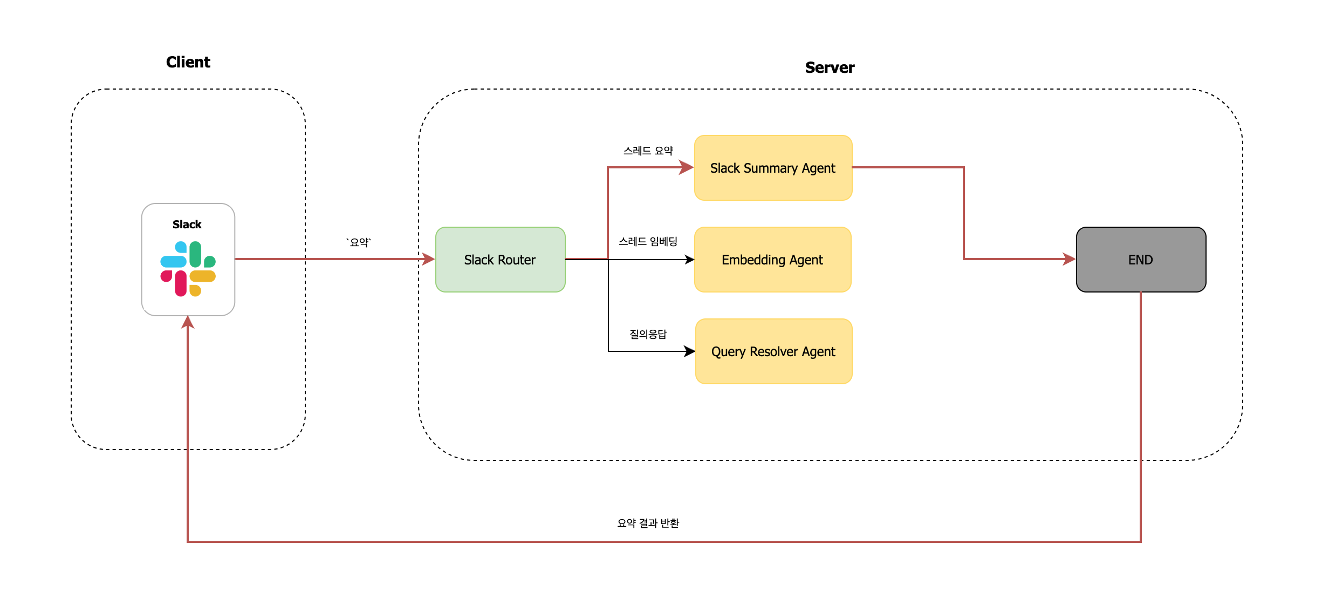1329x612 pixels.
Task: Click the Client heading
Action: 188,62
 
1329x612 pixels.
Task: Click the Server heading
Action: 829,67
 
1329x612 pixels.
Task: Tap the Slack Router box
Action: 500,260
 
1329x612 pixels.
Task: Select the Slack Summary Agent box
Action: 773,168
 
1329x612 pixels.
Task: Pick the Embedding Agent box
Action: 772,260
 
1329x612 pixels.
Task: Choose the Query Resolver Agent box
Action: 773,351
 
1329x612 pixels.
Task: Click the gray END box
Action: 1141,260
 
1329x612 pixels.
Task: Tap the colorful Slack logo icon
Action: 188,269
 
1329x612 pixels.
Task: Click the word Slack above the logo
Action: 187,225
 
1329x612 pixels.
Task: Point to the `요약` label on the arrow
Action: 359,242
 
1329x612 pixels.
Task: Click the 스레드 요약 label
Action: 648,151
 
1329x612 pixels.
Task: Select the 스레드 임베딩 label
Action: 648,241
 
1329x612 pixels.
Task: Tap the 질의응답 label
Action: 648,334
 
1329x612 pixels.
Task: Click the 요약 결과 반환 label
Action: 648,523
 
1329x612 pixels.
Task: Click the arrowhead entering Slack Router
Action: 429,259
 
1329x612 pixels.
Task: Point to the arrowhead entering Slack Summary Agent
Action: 687,167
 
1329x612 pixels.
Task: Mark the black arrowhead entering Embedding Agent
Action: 689,260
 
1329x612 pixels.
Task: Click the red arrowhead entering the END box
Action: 1069,259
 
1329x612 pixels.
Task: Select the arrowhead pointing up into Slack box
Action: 188,322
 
